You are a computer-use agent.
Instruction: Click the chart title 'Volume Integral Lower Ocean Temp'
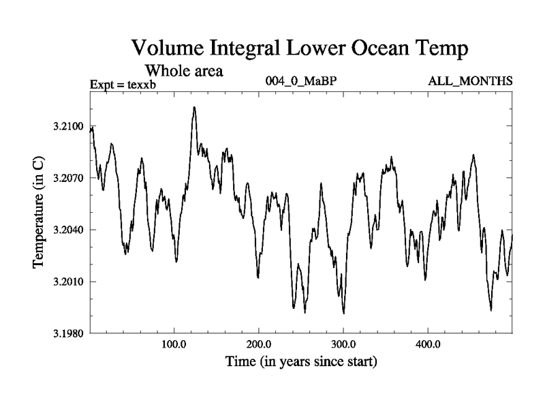point(300,48)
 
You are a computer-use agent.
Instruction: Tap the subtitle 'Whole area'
point(185,70)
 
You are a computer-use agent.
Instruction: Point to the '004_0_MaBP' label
point(301,82)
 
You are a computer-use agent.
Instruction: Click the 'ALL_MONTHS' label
point(470,82)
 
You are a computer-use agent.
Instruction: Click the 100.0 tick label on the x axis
point(174,344)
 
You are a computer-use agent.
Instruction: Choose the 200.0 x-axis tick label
point(259,344)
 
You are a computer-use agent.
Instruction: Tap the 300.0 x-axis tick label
point(343,344)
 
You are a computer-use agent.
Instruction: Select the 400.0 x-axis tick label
point(428,344)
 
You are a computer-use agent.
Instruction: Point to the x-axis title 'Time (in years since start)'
point(301,362)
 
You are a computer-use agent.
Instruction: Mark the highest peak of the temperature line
point(194,107)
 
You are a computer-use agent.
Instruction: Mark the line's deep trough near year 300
point(344,313)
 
